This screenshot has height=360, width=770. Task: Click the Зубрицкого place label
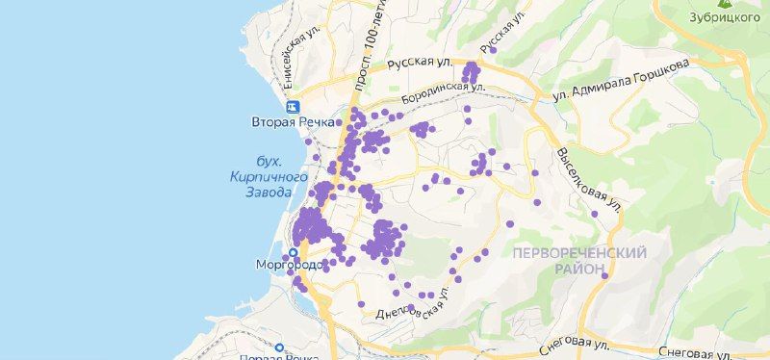click(x=720, y=17)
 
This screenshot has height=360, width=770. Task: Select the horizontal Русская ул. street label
click(x=420, y=64)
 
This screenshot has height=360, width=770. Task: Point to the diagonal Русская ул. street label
click(x=503, y=31)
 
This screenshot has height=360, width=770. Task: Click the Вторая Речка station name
click(x=293, y=122)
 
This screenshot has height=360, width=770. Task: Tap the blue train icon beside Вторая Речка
click(x=293, y=107)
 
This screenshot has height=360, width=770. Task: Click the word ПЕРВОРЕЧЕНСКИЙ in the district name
click(x=578, y=252)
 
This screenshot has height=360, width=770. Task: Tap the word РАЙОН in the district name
click(x=579, y=270)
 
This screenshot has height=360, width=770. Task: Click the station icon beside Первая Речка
click(x=279, y=347)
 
